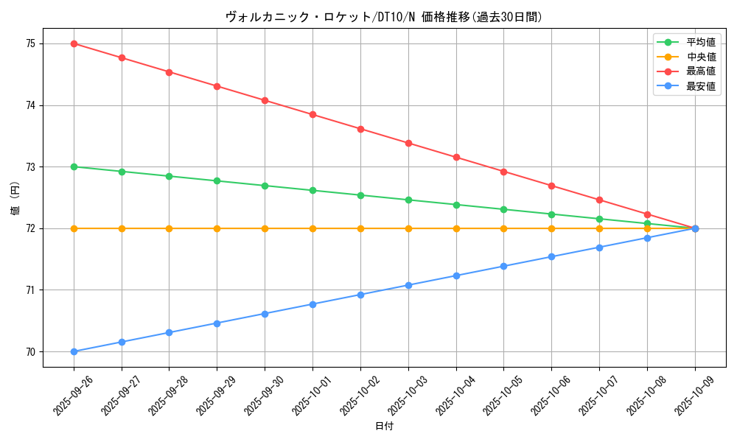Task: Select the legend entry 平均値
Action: point(700,42)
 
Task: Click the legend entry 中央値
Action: point(700,57)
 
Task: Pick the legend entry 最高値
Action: point(700,71)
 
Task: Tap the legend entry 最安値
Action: point(700,86)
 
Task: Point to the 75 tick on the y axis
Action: point(30,43)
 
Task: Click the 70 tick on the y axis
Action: point(30,351)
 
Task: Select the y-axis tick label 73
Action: point(30,166)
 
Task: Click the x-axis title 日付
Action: point(384,427)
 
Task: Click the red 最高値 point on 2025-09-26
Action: point(74,43)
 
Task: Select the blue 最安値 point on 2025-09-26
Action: point(74,351)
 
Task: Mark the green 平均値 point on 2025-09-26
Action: point(74,166)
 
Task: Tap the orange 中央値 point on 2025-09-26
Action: point(74,228)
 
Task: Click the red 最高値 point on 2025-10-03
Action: point(408,143)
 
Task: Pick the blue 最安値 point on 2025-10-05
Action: point(504,266)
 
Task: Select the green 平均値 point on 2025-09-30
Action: point(265,186)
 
